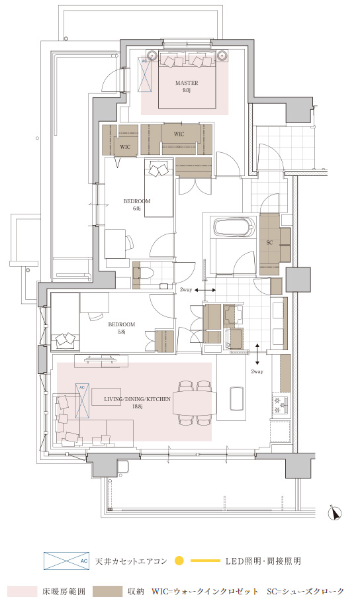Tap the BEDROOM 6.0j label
(136, 205)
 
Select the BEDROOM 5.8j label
(122, 328)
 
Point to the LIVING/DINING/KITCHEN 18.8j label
(137, 402)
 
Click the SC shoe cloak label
(269, 243)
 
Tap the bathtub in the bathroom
(235, 228)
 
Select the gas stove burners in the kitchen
(281, 404)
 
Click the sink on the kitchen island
(236, 398)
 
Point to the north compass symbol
(336, 513)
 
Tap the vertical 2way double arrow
(257, 353)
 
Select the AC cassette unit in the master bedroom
(146, 74)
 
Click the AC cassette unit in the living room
(82, 400)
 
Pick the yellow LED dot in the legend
(179, 561)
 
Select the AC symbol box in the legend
(66, 561)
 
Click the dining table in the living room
(195, 402)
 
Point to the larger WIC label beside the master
(179, 134)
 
